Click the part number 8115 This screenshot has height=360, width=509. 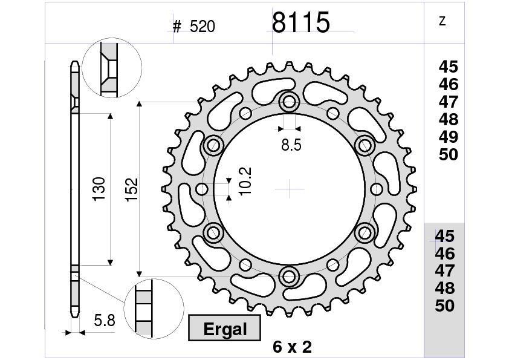click(x=300, y=23)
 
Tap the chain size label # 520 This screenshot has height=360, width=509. click(x=193, y=27)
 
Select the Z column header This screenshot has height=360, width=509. click(x=443, y=21)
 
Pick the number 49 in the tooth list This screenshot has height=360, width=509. click(x=449, y=137)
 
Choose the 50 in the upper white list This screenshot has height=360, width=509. click(x=449, y=155)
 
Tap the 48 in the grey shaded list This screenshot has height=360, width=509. click(x=445, y=288)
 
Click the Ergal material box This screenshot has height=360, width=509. click(x=225, y=329)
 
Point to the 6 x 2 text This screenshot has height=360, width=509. click(x=292, y=347)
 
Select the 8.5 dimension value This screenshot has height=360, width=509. click(x=291, y=145)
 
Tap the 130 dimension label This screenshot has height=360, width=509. click(x=99, y=189)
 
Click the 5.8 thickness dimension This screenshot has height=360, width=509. click(x=105, y=320)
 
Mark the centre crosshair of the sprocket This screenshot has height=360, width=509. click(x=290, y=189)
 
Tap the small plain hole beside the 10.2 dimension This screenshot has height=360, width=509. click(x=202, y=189)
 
